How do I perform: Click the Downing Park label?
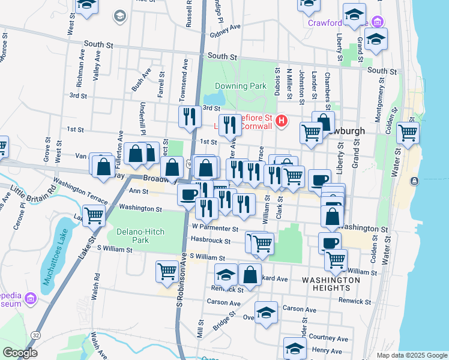[240, 86]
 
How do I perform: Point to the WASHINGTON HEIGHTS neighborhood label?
[331, 285]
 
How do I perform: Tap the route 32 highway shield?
[37, 334]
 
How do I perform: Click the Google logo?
[20, 353]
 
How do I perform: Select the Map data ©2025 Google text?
[412, 355]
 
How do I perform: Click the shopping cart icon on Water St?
[408, 133]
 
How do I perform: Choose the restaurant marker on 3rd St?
[190, 116]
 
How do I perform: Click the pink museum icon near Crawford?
[378, 22]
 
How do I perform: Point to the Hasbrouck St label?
[211, 241]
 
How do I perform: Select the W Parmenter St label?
[215, 228]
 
